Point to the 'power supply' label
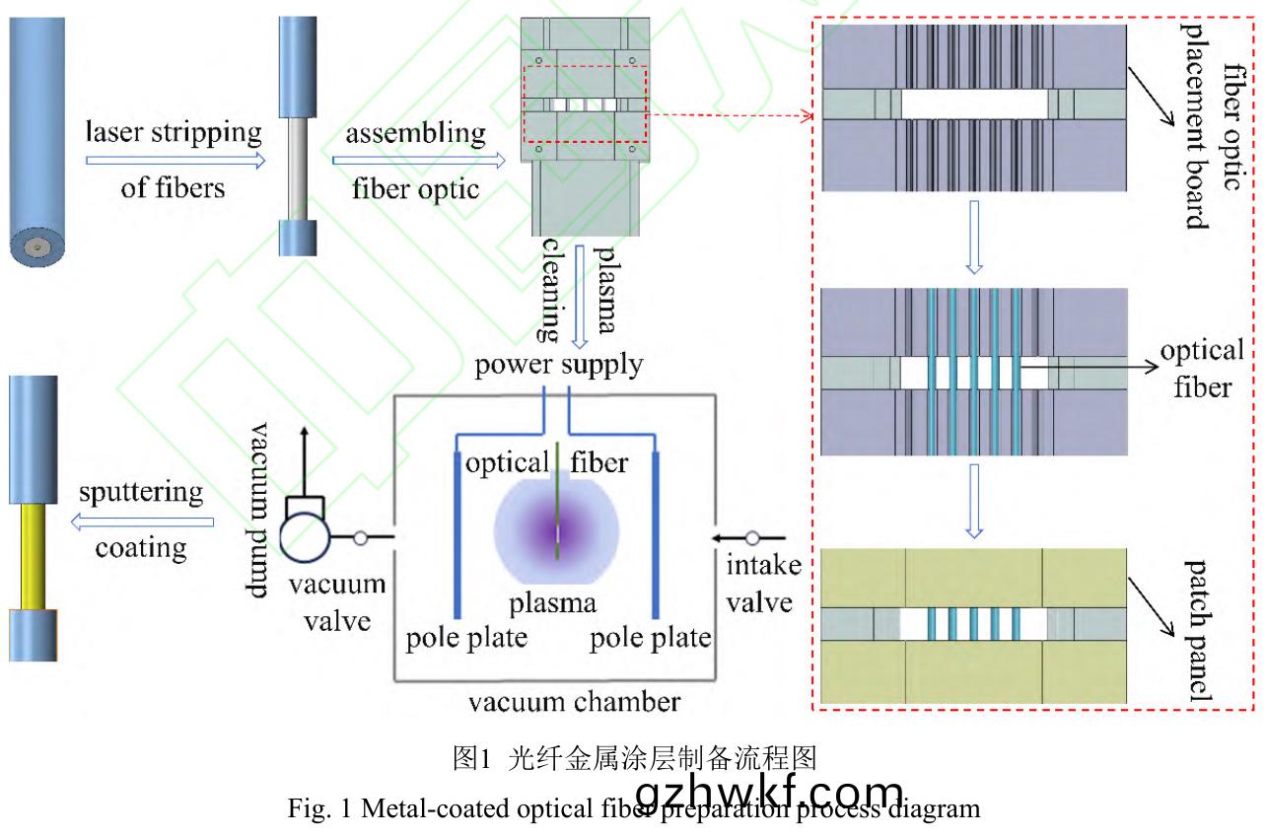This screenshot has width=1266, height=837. pyautogui.click(x=560, y=366)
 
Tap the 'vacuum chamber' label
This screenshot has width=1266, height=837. pyautogui.click(x=574, y=702)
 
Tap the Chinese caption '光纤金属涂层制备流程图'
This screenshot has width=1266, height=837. pyautogui.click(x=634, y=758)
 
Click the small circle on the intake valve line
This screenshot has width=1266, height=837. pyautogui.click(x=753, y=538)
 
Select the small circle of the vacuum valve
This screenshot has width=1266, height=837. pyautogui.click(x=361, y=538)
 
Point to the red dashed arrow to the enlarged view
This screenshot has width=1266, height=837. pyautogui.click(x=730, y=114)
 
